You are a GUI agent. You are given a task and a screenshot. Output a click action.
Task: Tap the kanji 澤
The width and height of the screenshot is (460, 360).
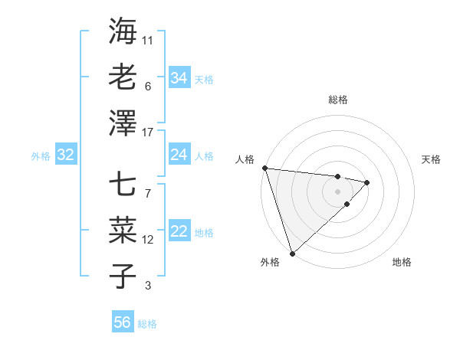(123, 122)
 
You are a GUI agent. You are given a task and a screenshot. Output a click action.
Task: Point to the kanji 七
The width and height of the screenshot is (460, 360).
(123, 185)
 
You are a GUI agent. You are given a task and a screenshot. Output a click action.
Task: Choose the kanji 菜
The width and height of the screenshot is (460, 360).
(123, 230)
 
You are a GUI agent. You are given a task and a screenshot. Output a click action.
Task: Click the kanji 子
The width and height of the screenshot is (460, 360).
(123, 276)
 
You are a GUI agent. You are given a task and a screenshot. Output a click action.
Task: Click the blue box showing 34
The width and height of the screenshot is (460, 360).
(179, 77)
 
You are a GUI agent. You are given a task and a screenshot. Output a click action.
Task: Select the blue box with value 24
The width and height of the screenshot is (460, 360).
(179, 155)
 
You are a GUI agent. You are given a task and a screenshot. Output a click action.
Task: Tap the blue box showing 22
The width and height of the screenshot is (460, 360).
(179, 232)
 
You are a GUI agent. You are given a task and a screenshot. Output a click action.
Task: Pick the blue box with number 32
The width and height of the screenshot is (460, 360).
(65, 155)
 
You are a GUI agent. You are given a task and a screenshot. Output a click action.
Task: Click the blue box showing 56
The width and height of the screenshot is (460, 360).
(122, 322)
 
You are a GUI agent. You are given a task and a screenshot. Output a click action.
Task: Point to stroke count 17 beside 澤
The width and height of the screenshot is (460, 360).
(148, 133)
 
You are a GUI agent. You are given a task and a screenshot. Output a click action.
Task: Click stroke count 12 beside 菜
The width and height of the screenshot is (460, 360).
(148, 240)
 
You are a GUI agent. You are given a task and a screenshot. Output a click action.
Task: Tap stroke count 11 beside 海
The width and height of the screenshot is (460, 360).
(148, 40)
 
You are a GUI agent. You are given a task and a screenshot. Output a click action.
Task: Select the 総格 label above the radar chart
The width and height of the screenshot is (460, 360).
(337, 100)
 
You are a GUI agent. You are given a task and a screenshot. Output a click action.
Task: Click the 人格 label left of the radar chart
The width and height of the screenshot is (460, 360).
(245, 159)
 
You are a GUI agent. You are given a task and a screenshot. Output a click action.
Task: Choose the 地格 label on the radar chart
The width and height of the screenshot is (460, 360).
(402, 262)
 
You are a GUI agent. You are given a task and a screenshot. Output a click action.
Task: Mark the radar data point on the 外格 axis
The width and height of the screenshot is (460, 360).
(292, 253)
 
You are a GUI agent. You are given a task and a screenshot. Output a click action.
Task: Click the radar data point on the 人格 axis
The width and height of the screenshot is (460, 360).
(264, 168)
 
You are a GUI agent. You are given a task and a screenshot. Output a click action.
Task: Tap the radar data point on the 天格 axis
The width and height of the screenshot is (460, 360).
(367, 182)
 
